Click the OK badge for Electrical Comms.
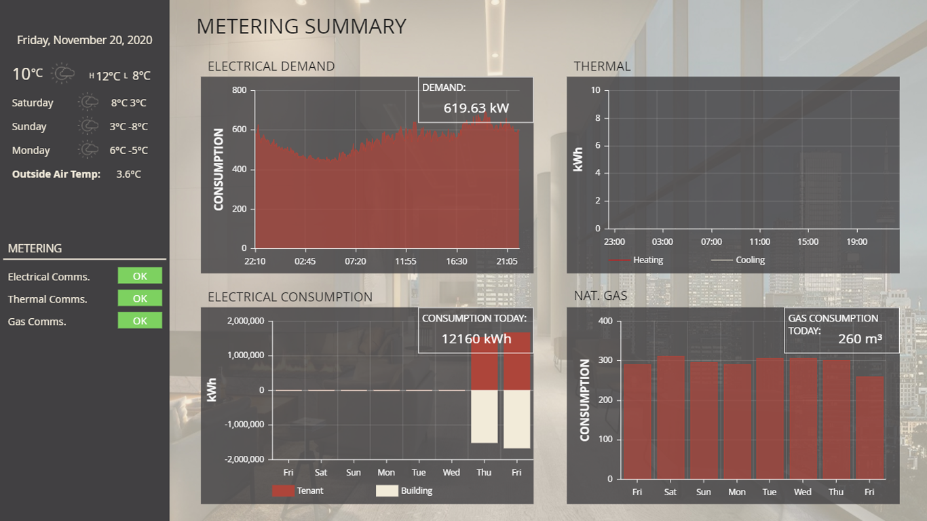[140, 275]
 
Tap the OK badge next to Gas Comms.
[140, 321]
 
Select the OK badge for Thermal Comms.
[140, 298]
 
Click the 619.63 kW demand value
[476, 108]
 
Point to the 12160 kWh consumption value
[476, 339]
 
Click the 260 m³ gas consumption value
[860, 339]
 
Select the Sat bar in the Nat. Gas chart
[670, 417]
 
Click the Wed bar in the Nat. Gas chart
[803, 418]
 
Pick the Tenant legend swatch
[283, 490]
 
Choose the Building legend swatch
[387, 490]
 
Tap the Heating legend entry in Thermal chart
[635, 260]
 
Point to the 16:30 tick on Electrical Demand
[457, 261]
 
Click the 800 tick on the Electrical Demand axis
[239, 90]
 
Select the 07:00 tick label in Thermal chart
[711, 242]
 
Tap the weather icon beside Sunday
[88, 126]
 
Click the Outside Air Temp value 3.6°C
[128, 174]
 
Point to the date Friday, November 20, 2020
[85, 40]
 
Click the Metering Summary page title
[301, 26]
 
